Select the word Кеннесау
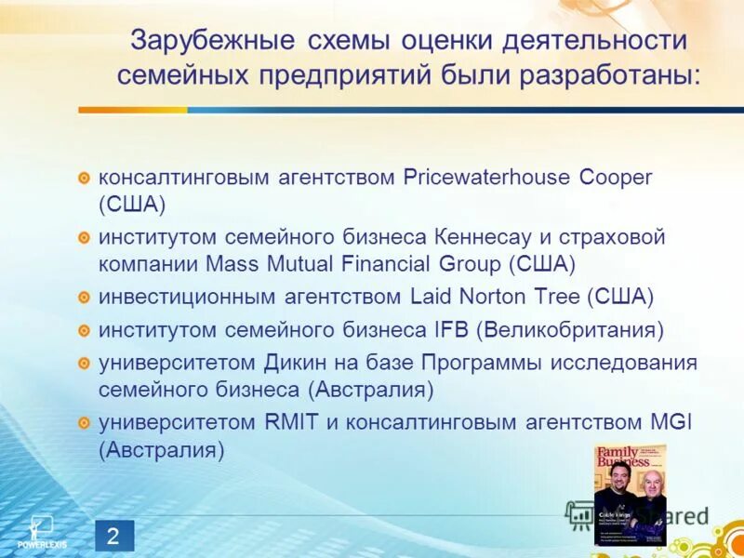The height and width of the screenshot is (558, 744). click(x=521, y=237)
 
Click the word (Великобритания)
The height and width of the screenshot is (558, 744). click(x=570, y=329)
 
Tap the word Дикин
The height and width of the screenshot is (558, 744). click(x=300, y=363)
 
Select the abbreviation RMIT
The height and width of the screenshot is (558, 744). click(x=290, y=422)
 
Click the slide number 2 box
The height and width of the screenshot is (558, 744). click(x=113, y=535)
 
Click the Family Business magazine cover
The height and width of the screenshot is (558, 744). click(x=631, y=494)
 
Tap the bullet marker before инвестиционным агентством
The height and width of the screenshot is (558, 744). click(x=84, y=298)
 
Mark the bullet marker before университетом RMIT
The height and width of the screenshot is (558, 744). click(x=84, y=423)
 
